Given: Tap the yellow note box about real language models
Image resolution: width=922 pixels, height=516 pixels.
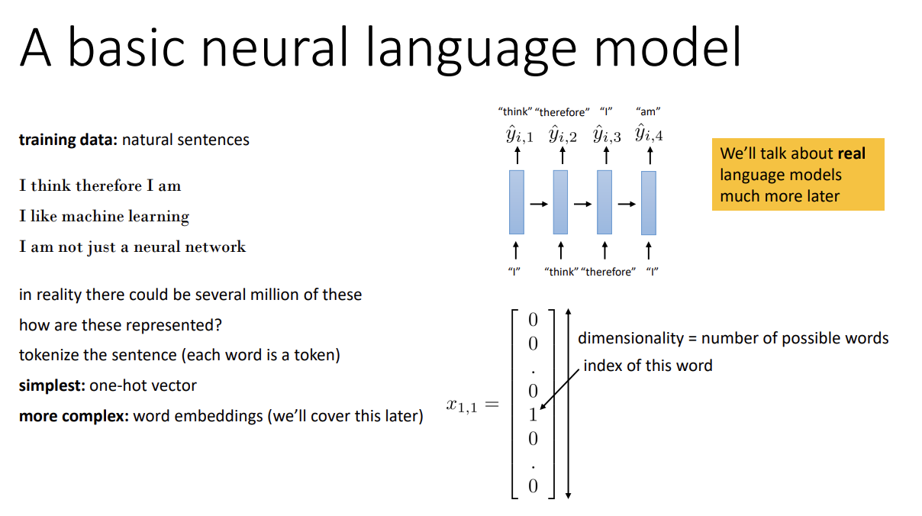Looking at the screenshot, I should point(798,174).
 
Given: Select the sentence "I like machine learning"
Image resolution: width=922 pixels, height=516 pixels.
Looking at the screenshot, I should point(104,216).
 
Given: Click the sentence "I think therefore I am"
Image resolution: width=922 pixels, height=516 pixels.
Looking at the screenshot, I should point(100,185).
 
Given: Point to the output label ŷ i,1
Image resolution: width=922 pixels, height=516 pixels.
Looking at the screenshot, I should point(520,136).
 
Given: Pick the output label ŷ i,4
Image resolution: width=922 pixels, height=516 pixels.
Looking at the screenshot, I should point(649,136).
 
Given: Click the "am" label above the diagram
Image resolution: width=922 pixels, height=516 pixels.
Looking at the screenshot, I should point(648,111).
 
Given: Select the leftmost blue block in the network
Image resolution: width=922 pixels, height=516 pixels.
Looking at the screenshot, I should point(517,202).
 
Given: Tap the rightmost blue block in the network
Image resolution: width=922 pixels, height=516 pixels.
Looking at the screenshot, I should point(649,202).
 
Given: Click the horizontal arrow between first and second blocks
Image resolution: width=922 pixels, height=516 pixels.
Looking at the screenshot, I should point(539,204).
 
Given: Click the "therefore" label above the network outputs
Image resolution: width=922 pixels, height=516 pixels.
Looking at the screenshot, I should point(563,112).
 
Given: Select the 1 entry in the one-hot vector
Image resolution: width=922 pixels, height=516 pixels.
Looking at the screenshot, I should point(533,415).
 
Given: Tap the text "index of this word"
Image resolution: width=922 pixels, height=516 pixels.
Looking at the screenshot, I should point(647,366).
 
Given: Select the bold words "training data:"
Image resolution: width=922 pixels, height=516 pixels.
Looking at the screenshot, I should point(68,140).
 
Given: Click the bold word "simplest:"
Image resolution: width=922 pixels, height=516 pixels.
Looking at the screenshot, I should point(52,385).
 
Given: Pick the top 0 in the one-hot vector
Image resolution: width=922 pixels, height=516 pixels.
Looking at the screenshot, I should point(533,319).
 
